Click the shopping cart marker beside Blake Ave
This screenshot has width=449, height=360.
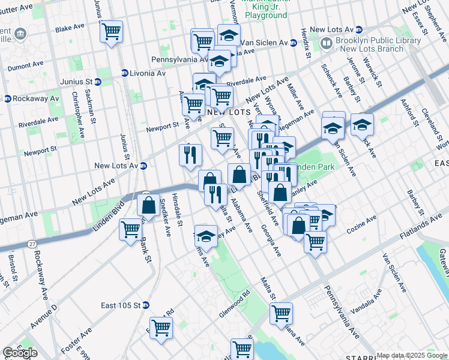click(112, 31)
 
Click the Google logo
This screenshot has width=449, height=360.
click(20, 353)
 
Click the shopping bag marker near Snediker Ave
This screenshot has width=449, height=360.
click(148, 205)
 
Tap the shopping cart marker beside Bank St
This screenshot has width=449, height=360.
click(131, 229)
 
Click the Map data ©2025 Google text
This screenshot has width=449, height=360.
click(412, 355)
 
